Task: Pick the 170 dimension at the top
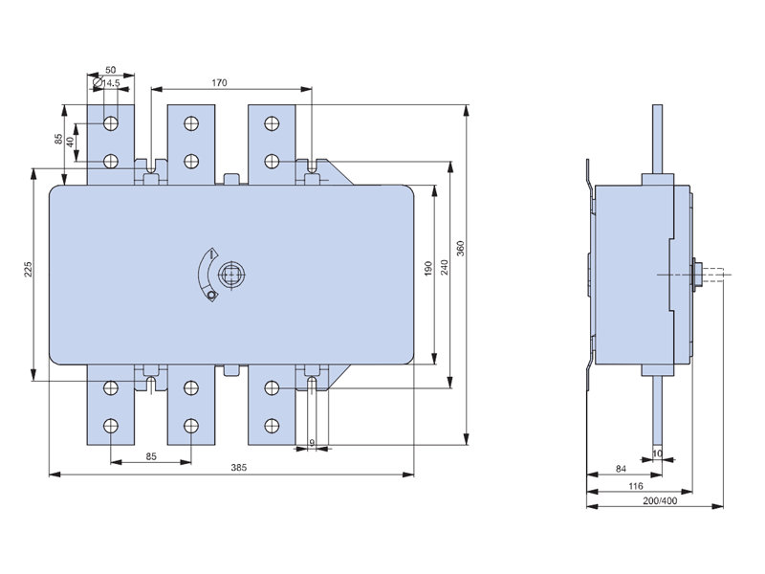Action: [x=218, y=83]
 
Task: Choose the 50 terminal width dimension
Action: [x=111, y=71]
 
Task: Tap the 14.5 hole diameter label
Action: [x=111, y=84]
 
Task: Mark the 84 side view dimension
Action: [x=621, y=468]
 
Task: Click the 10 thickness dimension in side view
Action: [x=657, y=451]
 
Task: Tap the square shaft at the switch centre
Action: [x=230, y=276]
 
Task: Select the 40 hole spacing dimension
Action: [x=70, y=142]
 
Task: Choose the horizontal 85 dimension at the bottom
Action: [x=151, y=456]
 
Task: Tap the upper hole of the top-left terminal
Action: [x=111, y=122]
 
